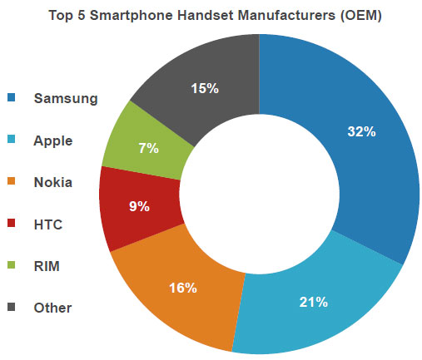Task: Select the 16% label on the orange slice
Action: click(181, 288)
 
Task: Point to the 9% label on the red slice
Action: click(138, 207)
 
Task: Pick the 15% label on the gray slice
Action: click(202, 87)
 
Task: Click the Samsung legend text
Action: click(66, 98)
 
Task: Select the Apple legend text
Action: click(53, 141)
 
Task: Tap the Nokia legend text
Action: click(53, 182)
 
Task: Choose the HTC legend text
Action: click(48, 224)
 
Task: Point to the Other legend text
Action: click(52, 308)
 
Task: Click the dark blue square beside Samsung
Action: click(12, 98)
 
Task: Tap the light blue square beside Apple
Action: click(12, 141)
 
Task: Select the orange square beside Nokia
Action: click(12, 182)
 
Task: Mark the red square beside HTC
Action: click(12, 224)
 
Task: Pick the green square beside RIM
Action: click(12, 265)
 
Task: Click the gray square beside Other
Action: click(12, 308)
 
